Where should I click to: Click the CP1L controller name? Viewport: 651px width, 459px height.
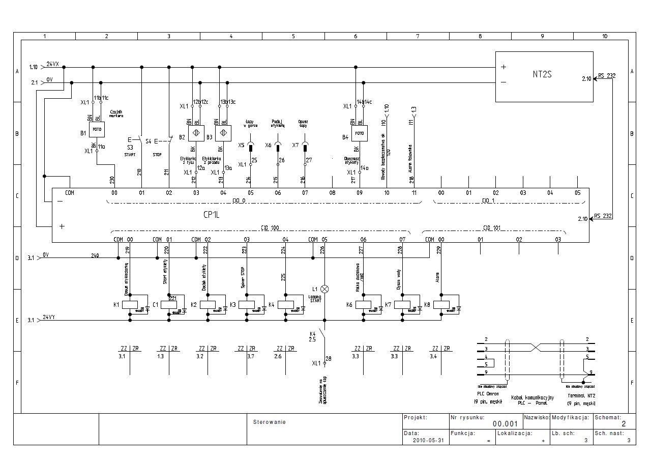211,215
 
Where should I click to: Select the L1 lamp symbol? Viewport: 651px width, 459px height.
324,289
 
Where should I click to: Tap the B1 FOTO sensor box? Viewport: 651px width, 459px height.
97,130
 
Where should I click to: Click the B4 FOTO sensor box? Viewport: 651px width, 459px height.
360,133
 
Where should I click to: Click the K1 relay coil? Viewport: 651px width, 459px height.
130,305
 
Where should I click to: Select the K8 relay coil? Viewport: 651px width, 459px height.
441,305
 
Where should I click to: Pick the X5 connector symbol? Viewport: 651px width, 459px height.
250,146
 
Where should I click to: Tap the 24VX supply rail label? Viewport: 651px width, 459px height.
52,64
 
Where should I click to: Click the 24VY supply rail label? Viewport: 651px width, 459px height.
50,318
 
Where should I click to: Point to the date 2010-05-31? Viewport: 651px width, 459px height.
428,441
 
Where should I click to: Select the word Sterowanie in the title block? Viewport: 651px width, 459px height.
270,422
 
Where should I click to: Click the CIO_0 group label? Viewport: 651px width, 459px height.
239,200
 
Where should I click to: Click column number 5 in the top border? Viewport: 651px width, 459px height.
293,36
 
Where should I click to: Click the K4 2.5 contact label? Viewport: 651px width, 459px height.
313,336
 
